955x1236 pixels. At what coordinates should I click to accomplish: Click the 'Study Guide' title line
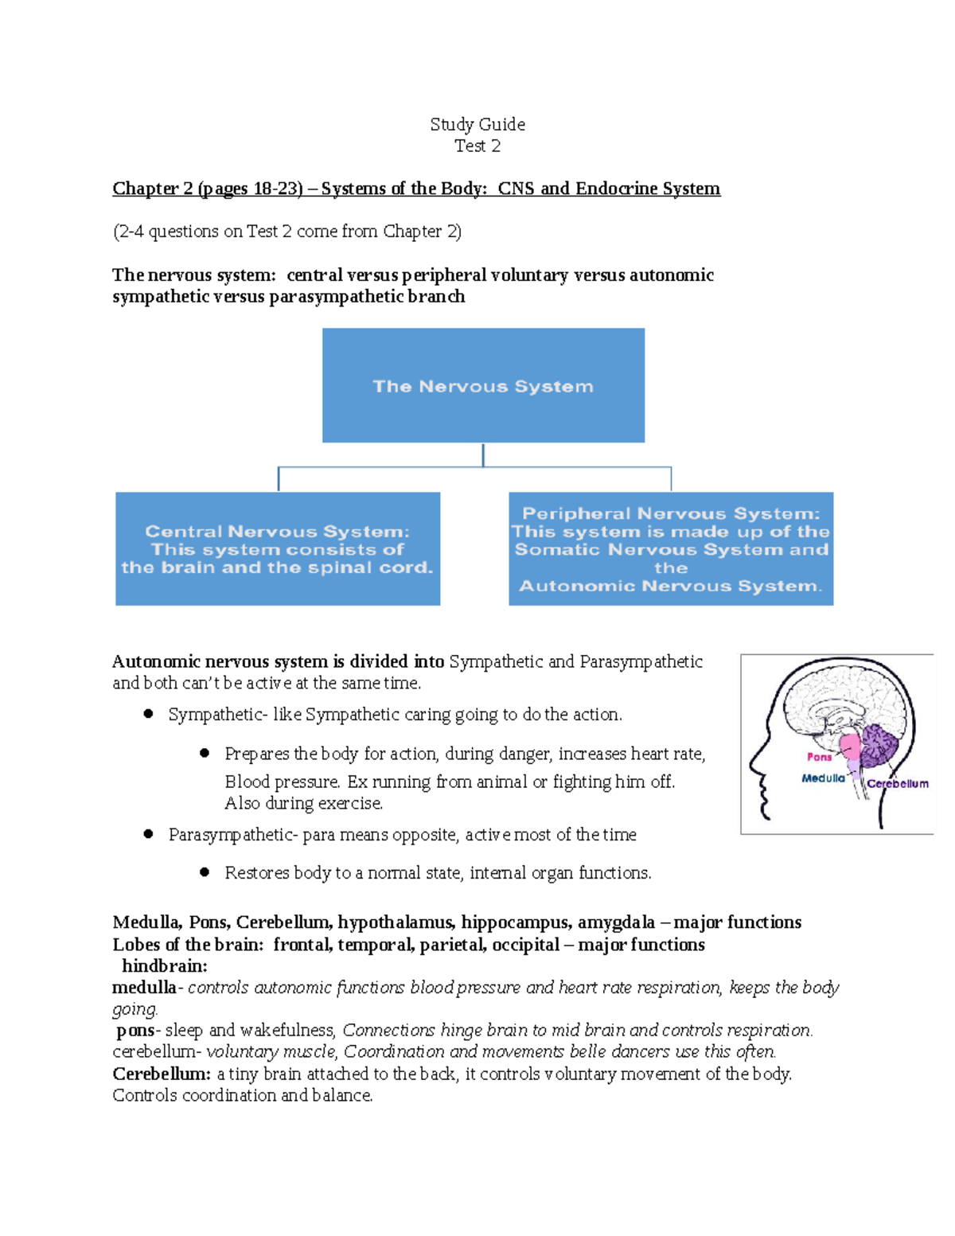[477, 124]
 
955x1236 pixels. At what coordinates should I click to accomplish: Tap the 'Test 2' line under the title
[477, 146]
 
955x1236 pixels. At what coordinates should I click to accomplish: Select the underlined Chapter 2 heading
[415, 189]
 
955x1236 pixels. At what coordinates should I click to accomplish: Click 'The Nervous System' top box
[483, 386]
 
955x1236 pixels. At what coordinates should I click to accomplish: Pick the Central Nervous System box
[278, 549]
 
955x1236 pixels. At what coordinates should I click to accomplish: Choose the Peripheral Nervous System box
[671, 549]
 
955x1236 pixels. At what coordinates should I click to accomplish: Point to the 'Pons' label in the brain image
[819, 757]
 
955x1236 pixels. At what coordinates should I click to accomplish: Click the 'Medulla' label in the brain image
[823, 778]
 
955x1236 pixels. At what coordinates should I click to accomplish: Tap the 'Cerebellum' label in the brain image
[898, 784]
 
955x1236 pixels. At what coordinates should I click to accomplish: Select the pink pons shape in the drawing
[850, 748]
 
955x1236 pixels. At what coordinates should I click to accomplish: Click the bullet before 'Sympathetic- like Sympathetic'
[148, 714]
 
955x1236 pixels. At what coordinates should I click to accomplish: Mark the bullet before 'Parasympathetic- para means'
[148, 834]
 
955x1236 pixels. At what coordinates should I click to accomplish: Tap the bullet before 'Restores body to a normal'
[205, 872]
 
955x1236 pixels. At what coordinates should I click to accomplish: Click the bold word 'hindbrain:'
[164, 966]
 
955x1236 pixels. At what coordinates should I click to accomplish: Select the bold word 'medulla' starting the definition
[144, 988]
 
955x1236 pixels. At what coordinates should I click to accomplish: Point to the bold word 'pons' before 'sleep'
[135, 1031]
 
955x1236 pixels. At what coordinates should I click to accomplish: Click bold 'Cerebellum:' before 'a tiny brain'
[162, 1074]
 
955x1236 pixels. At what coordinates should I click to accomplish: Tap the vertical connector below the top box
[483, 455]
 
